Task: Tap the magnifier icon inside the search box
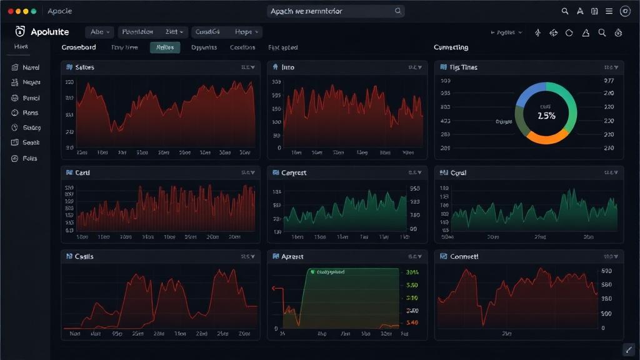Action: point(397,11)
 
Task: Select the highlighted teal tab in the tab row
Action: point(165,47)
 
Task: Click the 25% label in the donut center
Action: point(546,116)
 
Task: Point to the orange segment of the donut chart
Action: point(548,137)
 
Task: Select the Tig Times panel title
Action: point(463,67)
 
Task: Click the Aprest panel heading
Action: point(292,257)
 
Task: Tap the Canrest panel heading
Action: point(294,173)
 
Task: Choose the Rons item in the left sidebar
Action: point(31,113)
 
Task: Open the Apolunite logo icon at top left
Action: point(19,32)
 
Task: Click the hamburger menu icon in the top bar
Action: point(609,11)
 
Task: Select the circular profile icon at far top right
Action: point(625,11)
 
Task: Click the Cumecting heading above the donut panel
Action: point(451,47)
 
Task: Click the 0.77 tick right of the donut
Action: point(609,81)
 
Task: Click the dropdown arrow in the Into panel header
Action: point(419,67)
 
